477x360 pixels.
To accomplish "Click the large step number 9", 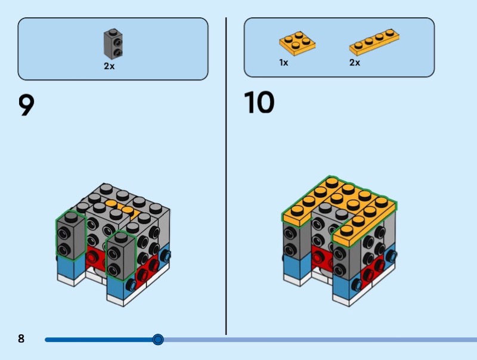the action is click(x=26, y=105).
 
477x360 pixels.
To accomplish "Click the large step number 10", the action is click(x=259, y=102).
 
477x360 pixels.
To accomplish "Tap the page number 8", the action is click(x=21, y=339).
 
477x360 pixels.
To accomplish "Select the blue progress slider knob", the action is click(x=158, y=339).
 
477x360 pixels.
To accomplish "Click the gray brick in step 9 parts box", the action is click(x=113, y=44).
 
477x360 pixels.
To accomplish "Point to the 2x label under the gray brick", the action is click(x=109, y=66).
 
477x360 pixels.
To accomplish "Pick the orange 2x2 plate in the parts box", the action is click(x=297, y=43).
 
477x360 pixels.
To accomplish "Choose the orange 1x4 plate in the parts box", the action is click(x=374, y=42).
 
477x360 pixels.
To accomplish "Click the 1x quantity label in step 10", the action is click(x=284, y=63).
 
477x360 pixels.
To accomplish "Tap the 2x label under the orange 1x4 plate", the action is click(x=355, y=63).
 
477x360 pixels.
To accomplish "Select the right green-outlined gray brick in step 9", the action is click(x=120, y=256).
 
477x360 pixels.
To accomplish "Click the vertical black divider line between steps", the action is click(x=226, y=176).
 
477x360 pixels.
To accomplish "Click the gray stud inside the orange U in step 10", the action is click(x=325, y=207).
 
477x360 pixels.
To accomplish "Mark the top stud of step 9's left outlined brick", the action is click(x=71, y=216).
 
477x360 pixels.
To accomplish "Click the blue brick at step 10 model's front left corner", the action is click(x=296, y=266).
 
